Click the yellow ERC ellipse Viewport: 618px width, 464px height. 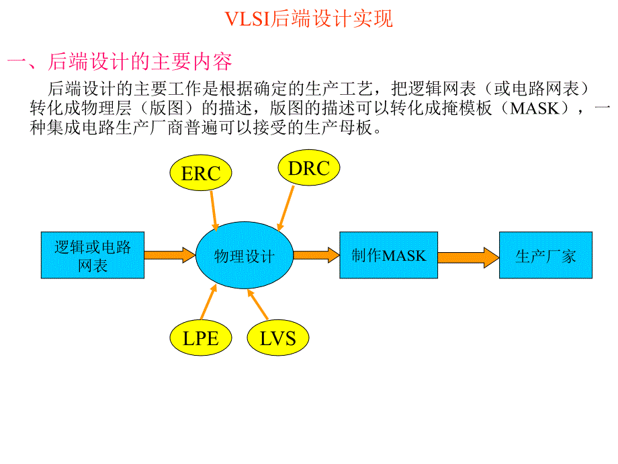201,173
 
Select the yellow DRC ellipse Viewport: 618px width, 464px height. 308,168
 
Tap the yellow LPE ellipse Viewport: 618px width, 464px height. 200,338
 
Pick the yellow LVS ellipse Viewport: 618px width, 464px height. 277,338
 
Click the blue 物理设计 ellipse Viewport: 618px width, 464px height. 245,256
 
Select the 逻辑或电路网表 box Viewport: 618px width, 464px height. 93,256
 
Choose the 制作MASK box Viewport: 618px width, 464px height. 388,255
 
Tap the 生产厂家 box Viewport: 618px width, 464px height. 545,255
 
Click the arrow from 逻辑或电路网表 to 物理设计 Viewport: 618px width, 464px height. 169,255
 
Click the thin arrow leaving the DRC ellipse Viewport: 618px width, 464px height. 286,208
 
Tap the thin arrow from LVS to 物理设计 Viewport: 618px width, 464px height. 258,305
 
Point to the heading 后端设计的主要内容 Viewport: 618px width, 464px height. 140,62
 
